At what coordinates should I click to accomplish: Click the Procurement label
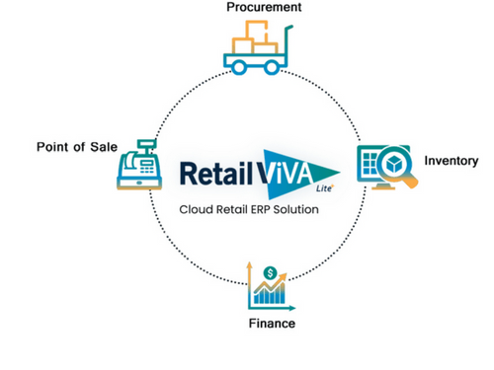(263, 8)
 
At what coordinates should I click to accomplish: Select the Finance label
(271, 325)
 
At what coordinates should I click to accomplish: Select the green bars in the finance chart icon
(277, 294)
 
